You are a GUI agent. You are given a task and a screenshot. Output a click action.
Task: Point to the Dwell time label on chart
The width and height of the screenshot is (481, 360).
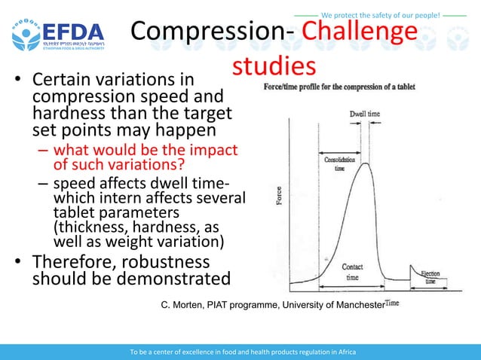click(364, 114)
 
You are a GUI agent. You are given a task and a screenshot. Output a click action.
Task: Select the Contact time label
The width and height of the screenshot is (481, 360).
click(352, 272)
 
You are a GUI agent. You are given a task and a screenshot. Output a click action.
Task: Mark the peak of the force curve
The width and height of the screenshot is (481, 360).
click(366, 164)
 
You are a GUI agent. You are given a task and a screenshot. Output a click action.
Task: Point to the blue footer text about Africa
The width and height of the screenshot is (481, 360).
click(240, 352)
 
